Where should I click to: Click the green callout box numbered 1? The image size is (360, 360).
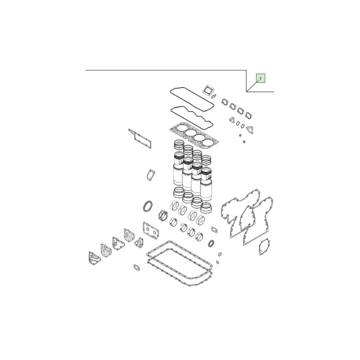pyautogui.click(x=261, y=78)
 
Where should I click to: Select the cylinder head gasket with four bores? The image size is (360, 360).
pyautogui.click(x=194, y=135)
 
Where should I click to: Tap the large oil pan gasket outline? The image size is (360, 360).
pyautogui.click(x=179, y=263)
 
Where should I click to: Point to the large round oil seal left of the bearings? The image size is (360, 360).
pyautogui.click(x=148, y=206)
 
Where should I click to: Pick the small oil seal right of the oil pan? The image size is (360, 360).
pyautogui.click(x=211, y=243)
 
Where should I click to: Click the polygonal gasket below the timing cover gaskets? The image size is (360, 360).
pyautogui.click(x=264, y=247)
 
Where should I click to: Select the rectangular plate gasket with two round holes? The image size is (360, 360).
pyautogui.click(x=151, y=230)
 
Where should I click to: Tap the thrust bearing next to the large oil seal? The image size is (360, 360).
pyautogui.click(x=163, y=216)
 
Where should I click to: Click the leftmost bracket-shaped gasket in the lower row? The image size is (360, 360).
pyautogui.click(x=94, y=258)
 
